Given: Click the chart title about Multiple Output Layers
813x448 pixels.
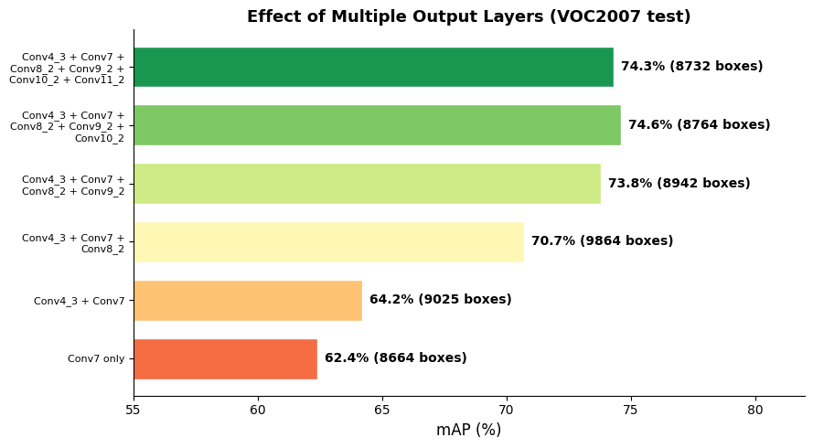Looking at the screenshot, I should tap(468, 16).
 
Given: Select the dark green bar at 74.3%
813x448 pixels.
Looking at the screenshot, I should tap(373, 67).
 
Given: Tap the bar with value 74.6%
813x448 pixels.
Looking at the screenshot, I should tap(377, 125).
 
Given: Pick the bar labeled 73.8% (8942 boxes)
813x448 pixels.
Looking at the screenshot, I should tap(367, 184).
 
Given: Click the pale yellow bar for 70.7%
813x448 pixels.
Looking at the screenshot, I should tap(328, 241).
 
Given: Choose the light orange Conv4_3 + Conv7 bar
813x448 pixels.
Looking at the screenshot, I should tap(248, 300).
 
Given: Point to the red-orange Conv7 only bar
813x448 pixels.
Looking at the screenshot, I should tap(225, 358).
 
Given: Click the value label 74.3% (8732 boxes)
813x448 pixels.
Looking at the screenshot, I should tap(691, 67).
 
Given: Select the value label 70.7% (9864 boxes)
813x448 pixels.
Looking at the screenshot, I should tap(602, 241).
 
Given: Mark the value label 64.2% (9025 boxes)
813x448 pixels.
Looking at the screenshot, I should tap(440, 300).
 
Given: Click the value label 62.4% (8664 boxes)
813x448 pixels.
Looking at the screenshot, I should tap(395, 358).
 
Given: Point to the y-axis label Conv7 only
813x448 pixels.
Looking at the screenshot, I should tap(96, 358).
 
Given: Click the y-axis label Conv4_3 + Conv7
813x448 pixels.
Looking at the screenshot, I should tap(80, 301).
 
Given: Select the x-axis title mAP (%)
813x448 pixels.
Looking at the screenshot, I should tap(468, 430).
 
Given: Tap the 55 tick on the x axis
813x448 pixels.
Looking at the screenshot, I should tap(134, 410).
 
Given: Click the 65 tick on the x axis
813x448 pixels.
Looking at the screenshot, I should tap(382, 410).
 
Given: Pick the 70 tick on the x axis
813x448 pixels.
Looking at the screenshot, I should tap(507, 410).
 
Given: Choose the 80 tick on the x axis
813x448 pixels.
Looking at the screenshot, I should tap(755, 410).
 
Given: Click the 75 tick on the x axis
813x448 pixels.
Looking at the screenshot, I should tap(631, 410).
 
